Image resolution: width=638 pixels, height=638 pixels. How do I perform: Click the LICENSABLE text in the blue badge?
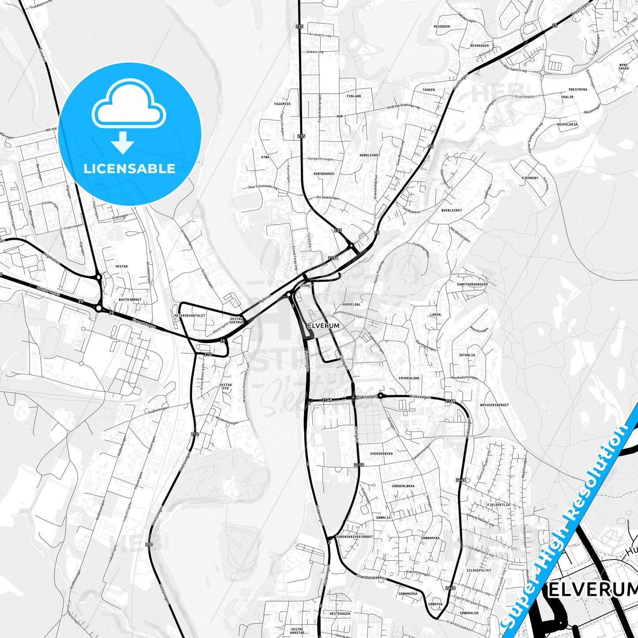click(x=129, y=169)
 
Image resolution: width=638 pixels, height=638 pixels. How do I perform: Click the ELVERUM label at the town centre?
click(x=324, y=326)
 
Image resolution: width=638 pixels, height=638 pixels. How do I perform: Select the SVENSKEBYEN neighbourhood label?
click(x=381, y=453)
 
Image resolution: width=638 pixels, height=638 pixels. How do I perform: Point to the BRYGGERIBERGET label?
click(x=494, y=405)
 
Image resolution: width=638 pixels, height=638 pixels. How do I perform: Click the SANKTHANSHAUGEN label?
click(x=472, y=284)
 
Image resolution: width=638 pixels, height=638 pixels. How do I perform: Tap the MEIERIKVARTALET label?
click(x=190, y=316)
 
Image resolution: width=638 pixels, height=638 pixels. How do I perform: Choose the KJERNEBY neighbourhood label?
click(x=530, y=178)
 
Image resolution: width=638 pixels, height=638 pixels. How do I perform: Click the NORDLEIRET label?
click(x=369, y=155)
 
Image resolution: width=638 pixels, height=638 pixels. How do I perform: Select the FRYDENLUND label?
click(x=409, y=378)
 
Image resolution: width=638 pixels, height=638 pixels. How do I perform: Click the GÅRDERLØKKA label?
click(x=403, y=486)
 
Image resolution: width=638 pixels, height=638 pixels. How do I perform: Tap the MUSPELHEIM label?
click(x=567, y=125)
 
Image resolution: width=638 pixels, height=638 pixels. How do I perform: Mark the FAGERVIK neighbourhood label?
click(x=283, y=104)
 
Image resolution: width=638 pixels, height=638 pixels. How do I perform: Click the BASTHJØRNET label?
click(x=130, y=300)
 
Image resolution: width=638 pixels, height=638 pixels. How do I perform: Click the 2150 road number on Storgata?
click(x=359, y=465)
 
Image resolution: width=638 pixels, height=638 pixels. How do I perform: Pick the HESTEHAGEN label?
click(x=340, y=614)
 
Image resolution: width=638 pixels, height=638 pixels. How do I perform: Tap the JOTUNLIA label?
click(x=467, y=355)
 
